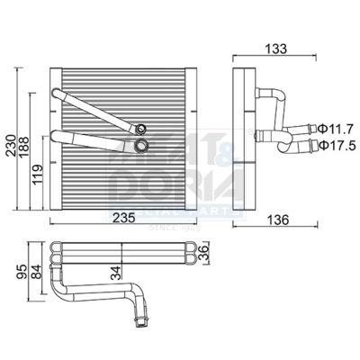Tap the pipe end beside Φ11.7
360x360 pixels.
311,130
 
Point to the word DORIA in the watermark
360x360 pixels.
157,191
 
